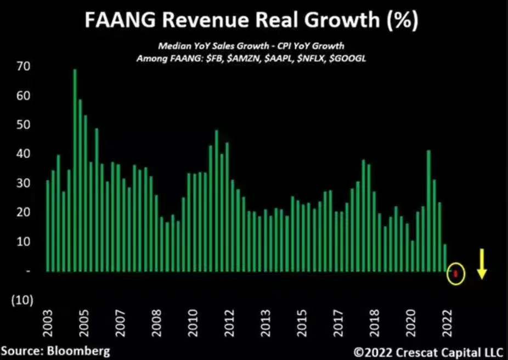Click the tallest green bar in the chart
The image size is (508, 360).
pos(75,170)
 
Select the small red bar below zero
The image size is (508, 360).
pos(455,273)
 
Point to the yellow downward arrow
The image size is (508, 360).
pos(482,263)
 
